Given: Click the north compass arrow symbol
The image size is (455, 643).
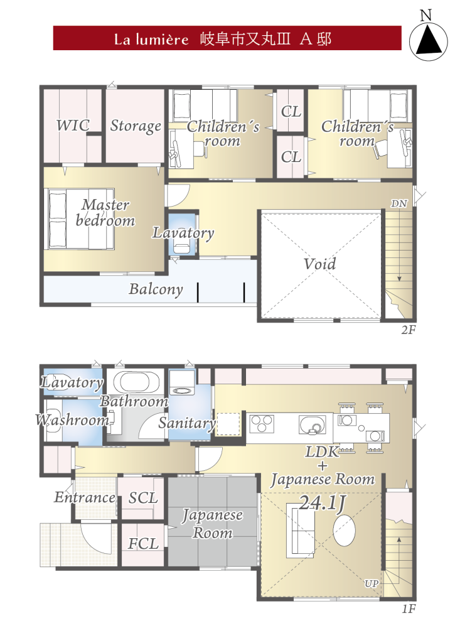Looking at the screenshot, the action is [x=429, y=39].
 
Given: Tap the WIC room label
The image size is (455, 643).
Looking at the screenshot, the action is [x=73, y=125].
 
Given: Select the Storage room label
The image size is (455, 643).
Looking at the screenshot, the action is [x=136, y=126].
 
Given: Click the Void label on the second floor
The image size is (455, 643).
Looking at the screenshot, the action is [x=319, y=264].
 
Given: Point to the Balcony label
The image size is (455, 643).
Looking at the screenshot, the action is [x=156, y=289].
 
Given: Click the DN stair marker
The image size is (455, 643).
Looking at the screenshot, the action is [x=399, y=203].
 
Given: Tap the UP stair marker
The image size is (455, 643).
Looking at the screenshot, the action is [x=372, y=583].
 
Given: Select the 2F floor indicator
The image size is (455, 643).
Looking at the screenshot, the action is [x=409, y=330].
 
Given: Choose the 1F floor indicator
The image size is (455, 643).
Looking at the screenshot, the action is [x=409, y=608].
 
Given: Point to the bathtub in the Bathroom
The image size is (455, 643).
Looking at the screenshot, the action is [x=136, y=383].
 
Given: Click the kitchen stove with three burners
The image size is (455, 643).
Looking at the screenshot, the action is [x=262, y=424].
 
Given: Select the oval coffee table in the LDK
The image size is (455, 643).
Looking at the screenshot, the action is [x=344, y=531].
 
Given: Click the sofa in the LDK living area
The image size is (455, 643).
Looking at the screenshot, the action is [x=301, y=531].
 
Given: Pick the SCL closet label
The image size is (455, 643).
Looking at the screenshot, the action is [x=143, y=498].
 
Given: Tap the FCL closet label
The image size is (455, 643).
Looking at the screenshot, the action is [x=143, y=544].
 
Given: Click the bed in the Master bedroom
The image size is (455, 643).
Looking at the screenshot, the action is [x=79, y=219].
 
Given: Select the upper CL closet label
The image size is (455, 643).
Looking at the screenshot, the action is [x=291, y=111].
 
